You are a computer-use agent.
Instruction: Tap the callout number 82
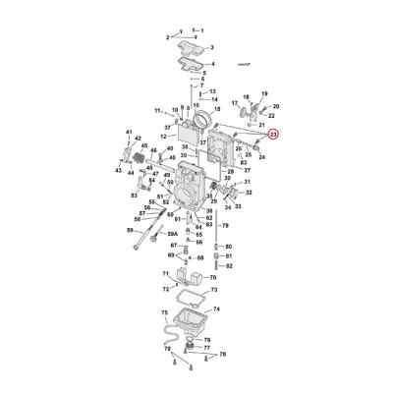229,265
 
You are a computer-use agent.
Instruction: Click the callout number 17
234,102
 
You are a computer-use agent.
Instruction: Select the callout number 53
135,195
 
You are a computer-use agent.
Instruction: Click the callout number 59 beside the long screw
129,231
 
